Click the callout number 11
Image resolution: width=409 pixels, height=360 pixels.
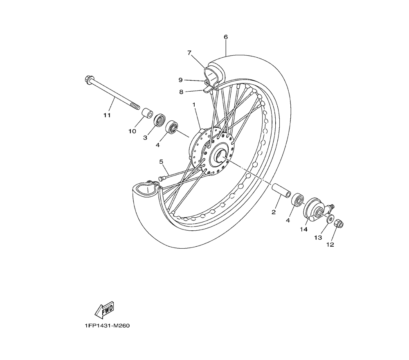click(x=107, y=115)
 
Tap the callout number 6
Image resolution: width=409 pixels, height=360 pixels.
click(x=226, y=37)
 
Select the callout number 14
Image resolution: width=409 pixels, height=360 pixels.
click(x=303, y=229)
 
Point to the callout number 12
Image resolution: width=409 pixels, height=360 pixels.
click(x=330, y=245)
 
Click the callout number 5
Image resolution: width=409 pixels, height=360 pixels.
click(x=161, y=162)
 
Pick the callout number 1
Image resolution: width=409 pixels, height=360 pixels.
click(x=194, y=104)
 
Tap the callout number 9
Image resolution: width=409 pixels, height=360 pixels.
click(x=180, y=80)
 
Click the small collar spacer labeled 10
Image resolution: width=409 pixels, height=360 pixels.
click(x=147, y=114)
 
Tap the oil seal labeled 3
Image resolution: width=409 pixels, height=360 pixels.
click(x=159, y=120)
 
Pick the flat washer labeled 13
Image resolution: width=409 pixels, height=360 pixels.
click(x=330, y=219)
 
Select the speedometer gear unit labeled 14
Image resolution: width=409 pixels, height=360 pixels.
click(x=317, y=209)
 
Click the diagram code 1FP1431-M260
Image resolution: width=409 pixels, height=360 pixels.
click(x=107, y=326)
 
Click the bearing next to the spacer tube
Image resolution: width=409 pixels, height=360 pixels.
click(x=297, y=200)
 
